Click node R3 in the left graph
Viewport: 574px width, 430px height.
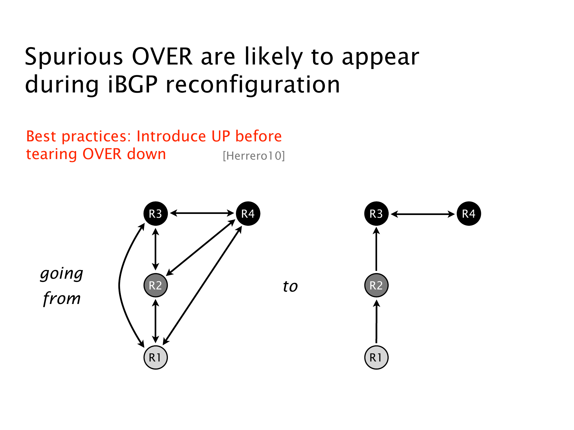(155, 214)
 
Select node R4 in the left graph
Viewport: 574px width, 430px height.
(248, 214)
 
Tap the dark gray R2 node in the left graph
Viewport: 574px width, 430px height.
(155, 285)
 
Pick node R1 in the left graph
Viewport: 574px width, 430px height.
(155, 357)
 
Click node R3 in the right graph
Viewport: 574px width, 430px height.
(376, 214)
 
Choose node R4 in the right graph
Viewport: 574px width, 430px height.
(469, 214)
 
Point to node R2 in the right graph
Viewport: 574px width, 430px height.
(376, 285)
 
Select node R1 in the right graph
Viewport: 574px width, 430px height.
(376, 357)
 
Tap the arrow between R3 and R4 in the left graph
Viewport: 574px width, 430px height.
(202, 213)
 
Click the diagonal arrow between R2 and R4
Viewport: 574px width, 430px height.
(201, 248)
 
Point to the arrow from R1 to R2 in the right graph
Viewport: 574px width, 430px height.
(376, 321)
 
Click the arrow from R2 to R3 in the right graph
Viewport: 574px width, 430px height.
(376, 249)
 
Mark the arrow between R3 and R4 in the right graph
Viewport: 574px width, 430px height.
(423, 214)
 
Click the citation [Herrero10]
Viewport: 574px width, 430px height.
(254, 156)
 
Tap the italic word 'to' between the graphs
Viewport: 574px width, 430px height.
(290, 286)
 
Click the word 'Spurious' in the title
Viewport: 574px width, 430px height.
(74, 57)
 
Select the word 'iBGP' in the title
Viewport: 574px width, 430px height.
(133, 84)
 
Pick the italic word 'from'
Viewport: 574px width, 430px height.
(62, 298)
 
